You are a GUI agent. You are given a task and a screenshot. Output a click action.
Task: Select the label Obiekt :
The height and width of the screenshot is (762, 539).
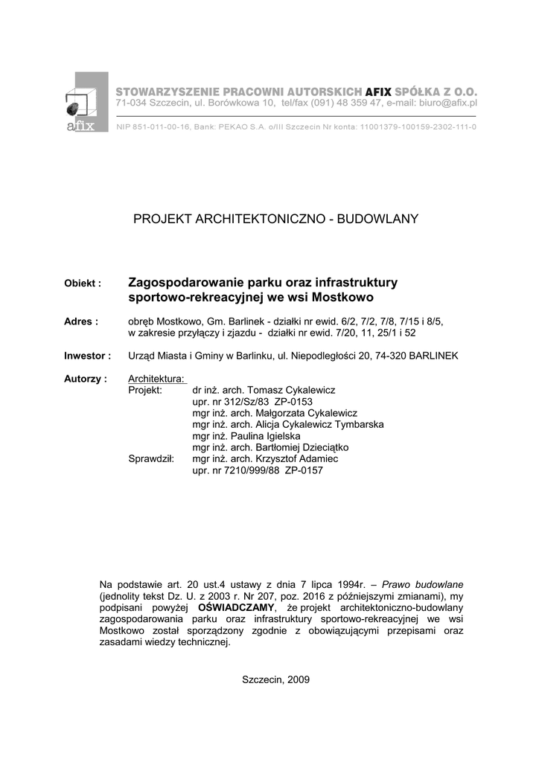(83, 284)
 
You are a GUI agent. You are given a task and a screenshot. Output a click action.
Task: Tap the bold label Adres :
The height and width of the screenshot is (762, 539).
(81, 321)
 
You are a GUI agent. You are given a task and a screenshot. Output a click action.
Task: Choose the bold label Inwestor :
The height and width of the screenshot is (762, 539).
(87, 356)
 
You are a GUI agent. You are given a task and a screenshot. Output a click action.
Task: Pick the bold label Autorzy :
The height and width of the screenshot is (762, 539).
(85, 379)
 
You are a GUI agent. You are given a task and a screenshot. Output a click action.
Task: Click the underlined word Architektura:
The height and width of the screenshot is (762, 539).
(156, 379)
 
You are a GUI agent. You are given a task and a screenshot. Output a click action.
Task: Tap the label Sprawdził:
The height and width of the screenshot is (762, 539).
(151, 459)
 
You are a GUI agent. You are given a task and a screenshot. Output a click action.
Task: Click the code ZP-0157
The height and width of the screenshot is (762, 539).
(304, 471)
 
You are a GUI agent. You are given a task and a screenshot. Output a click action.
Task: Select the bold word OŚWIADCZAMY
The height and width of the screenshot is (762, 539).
(238, 608)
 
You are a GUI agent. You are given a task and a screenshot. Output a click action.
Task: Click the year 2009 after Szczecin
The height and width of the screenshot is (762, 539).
(297, 679)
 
